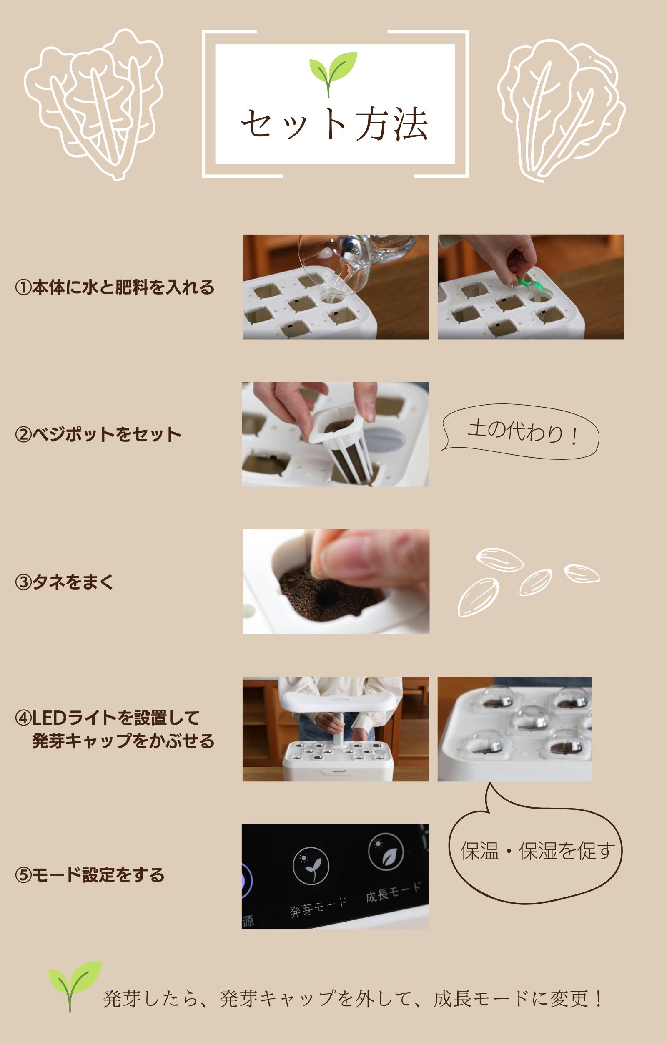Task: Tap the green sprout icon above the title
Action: click(x=333, y=74)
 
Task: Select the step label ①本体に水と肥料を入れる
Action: click(x=115, y=287)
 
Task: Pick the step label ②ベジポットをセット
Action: click(x=98, y=434)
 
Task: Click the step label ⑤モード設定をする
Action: click(x=90, y=875)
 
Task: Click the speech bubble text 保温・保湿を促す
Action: click(x=537, y=851)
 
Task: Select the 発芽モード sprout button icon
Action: click(x=311, y=866)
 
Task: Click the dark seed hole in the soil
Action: click(x=327, y=597)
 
